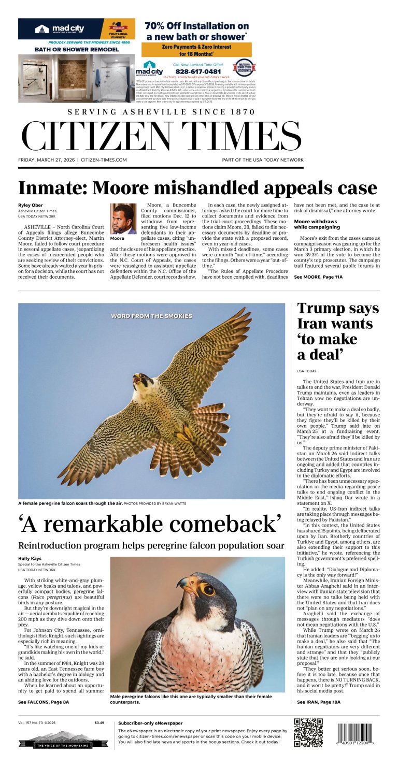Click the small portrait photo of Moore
pyautogui.click(x=123, y=219)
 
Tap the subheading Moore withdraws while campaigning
pyautogui.click(x=316, y=224)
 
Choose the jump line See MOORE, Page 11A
pyautogui.click(x=318, y=277)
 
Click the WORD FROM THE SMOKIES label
pyautogui.click(x=151, y=315)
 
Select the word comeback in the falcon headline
pyautogui.click(x=228, y=524)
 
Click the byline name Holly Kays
pyautogui.click(x=30, y=558)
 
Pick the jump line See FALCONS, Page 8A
pyautogui.click(x=44, y=702)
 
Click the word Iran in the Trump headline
pyautogui.click(x=313, y=324)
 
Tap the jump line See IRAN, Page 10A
pyautogui.click(x=319, y=702)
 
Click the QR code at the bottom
pyautogui.click(x=308, y=732)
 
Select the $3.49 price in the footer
pyautogui.click(x=99, y=722)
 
